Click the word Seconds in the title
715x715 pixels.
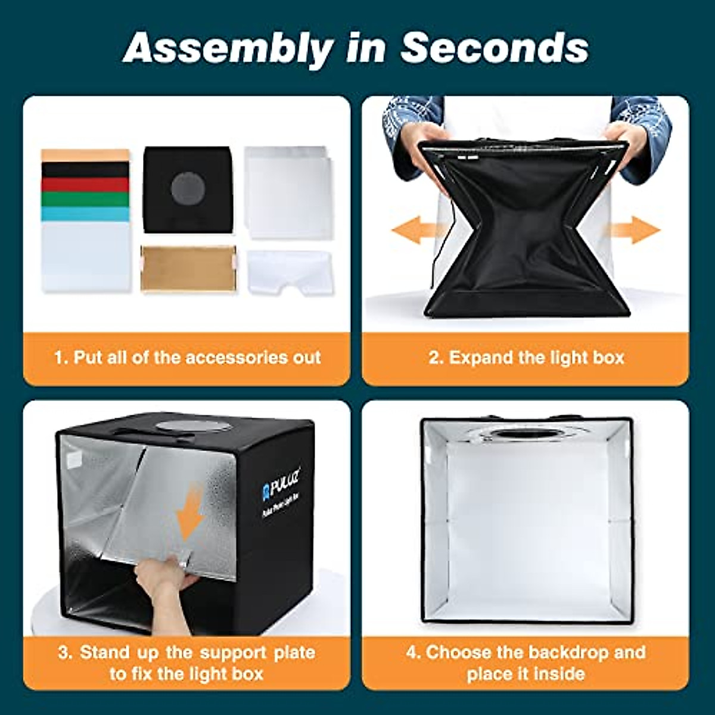(494, 48)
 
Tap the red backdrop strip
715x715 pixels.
(85, 185)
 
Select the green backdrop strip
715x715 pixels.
(85, 199)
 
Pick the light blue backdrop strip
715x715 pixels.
(85, 214)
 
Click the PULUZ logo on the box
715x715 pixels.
(282, 484)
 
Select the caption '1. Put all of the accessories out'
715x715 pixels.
(187, 357)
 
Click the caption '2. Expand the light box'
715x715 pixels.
(526, 357)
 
